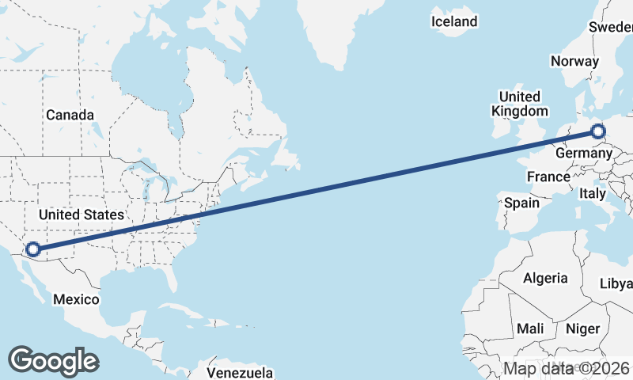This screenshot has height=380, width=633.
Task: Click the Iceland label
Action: pos(454,21)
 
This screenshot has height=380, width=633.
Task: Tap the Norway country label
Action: pos(575,61)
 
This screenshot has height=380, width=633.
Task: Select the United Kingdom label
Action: pos(519,104)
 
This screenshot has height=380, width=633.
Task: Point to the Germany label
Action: pos(585,152)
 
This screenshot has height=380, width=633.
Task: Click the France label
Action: pos(548,177)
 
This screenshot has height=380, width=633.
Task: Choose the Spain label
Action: pos(521,203)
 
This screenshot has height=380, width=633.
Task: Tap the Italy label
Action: pos(593,193)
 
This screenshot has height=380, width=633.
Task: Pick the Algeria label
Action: pos(545,278)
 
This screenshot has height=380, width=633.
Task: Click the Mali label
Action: pos(529,328)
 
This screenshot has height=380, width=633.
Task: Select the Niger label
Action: pos(583,328)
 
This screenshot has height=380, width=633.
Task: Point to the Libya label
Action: pos(616,283)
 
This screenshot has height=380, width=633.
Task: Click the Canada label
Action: pos(70,115)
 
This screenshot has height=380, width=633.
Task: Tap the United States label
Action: pos(81,215)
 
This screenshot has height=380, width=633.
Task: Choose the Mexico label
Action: pos(76,299)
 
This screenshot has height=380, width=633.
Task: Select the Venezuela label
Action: pos(240,372)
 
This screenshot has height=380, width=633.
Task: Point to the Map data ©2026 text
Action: pos(567,368)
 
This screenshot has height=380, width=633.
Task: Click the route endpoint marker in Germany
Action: pos(597,132)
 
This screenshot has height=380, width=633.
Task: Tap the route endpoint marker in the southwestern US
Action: pos(33,250)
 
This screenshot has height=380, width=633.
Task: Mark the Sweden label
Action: pos(611,27)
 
